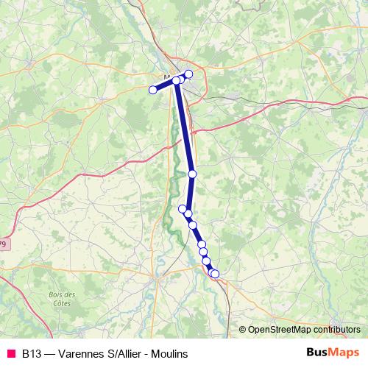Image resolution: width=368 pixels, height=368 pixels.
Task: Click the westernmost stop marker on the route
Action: [x=153, y=90]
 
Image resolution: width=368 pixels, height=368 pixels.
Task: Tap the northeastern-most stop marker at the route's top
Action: [x=188, y=74]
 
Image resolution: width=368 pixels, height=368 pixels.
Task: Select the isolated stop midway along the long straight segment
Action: [x=192, y=174]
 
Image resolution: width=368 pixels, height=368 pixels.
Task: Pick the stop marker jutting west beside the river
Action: [x=183, y=208]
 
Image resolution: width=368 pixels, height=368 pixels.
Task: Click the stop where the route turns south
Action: [x=177, y=79]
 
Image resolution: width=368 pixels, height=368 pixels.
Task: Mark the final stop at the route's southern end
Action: [x=215, y=274]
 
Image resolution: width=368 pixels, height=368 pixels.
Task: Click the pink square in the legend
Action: [x=10, y=353]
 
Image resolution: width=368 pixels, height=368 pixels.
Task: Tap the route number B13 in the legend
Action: [x=31, y=354]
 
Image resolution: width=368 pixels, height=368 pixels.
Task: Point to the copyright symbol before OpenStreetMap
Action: [x=243, y=330]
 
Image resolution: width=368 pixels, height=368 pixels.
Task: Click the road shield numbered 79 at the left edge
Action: [x=4, y=244]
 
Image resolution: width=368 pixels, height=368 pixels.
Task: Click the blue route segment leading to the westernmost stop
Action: [x=165, y=85]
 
